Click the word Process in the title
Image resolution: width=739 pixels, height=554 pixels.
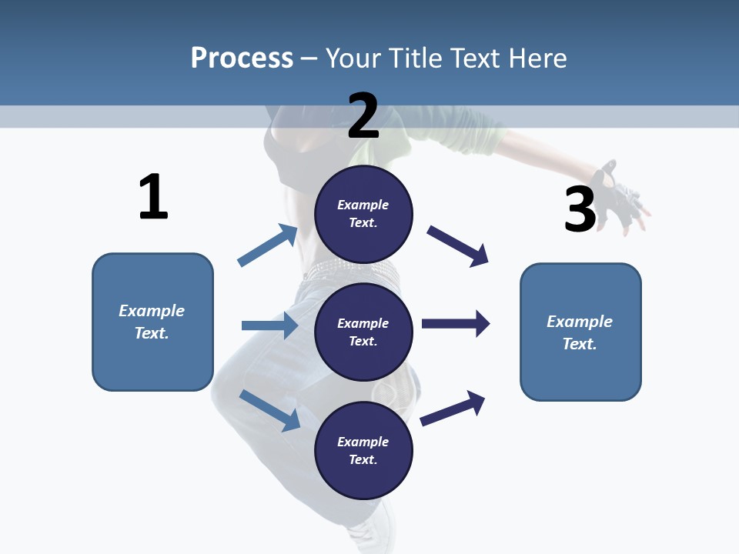(x=242, y=58)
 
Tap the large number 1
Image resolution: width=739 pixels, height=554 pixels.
(x=153, y=198)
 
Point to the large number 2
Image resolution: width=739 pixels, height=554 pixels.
(x=363, y=116)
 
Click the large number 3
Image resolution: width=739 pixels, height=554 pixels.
(x=580, y=210)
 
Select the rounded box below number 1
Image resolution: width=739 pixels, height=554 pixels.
(x=152, y=322)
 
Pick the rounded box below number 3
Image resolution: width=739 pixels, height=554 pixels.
(x=580, y=332)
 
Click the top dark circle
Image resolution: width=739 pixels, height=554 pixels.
(x=363, y=214)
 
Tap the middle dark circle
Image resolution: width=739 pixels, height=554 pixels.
(x=363, y=332)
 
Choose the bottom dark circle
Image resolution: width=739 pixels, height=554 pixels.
(x=363, y=451)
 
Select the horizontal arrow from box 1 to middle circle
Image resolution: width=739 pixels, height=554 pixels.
(x=269, y=325)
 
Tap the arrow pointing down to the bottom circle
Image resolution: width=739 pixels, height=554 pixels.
(x=269, y=410)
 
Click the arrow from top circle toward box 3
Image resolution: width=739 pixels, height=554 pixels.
(x=458, y=246)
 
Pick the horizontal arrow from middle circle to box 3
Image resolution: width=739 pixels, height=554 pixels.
(x=456, y=324)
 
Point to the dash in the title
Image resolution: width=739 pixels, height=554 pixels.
(x=309, y=59)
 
